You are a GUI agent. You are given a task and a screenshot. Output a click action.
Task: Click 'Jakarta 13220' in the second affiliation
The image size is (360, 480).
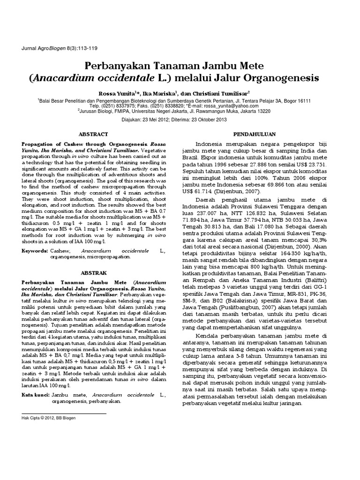(254, 112)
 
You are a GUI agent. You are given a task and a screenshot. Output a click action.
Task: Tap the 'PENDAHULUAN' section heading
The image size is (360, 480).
(253, 134)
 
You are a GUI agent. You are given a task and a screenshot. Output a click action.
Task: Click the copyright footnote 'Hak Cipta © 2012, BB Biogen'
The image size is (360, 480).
(49, 417)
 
